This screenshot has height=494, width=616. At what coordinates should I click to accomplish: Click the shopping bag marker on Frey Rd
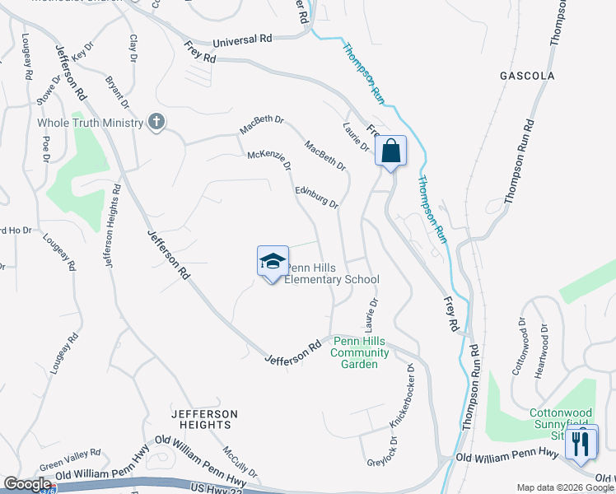click(390, 151)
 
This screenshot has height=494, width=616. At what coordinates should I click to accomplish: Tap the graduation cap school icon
click(273, 263)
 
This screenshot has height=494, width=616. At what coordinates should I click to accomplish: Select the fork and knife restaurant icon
click(581, 445)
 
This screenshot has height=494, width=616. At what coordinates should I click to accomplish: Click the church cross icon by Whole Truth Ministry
click(155, 123)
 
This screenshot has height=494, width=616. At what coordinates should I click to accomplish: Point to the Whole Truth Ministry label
click(89, 123)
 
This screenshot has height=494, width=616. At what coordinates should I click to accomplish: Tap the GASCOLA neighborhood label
click(527, 76)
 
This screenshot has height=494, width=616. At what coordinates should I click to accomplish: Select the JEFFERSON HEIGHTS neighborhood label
click(204, 419)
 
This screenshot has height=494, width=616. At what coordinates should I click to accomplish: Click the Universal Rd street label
click(242, 39)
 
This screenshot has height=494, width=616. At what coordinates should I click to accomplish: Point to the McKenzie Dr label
click(270, 160)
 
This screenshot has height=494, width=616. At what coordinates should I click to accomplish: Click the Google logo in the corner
click(27, 484)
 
